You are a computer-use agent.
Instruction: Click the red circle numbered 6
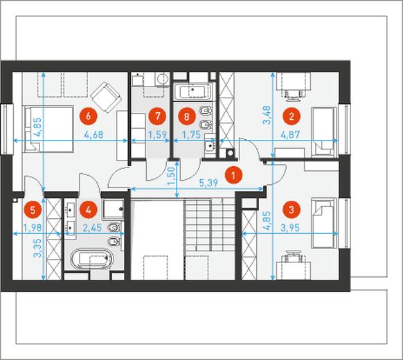(x=88, y=116)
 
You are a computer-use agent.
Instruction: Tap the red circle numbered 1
(x=233, y=176)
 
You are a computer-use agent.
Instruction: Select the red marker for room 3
(x=292, y=210)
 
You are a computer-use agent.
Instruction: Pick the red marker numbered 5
(x=33, y=210)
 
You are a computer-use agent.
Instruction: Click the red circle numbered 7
(x=157, y=116)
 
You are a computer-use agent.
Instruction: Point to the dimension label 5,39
(x=208, y=183)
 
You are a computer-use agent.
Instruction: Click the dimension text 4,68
(x=93, y=134)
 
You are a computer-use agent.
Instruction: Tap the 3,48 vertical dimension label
(x=267, y=115)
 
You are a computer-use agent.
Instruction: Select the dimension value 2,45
(x=93, y=227)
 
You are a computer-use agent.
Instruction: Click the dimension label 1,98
(x=33, y=227)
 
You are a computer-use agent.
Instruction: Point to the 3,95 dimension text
(x=290, y=227)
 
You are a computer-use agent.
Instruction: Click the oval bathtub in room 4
(x=92, y=258)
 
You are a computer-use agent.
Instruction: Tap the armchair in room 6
(x=106, y=97)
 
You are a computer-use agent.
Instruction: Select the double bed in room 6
(x=48, y=129)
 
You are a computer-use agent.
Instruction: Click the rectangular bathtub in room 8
(x=192, y=91)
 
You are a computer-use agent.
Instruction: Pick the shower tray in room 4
(x=114, y=208)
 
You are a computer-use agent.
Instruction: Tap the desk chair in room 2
(x=294, y=93)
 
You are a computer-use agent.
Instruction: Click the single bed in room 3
(x=324, y=223)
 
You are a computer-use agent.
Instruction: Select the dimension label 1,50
(x=172, y=176)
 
